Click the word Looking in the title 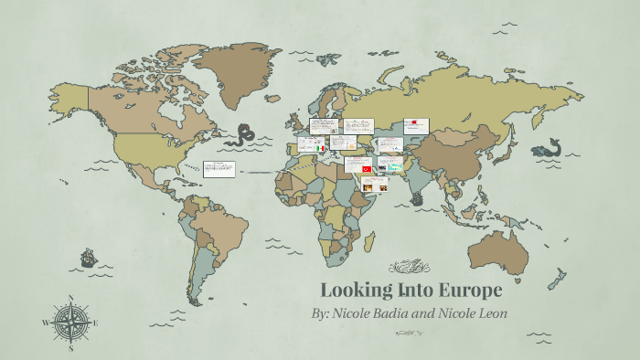[357, 291]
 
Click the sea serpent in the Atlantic [245, 135]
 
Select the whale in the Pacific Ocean [546, 149]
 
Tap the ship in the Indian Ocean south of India [417, 196]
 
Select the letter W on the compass [45, 323]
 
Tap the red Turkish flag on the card [367, 169]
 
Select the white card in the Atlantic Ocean [219, 168]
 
